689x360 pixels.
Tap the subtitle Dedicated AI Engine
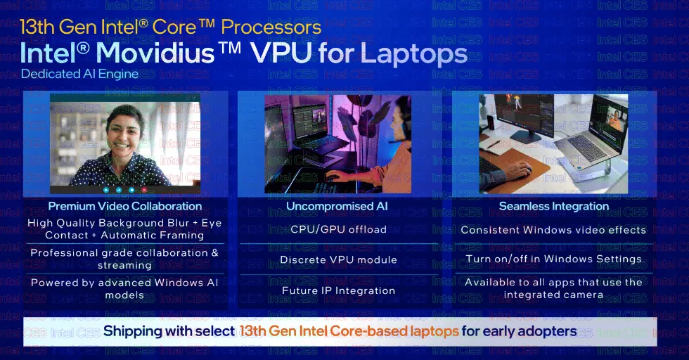[79, 74]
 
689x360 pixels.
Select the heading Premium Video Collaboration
[125, 206]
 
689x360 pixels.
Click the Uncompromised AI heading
[337, 206]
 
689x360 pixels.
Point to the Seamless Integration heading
[553, 206]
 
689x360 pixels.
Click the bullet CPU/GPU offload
[338, 229]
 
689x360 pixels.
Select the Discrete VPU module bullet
[338, 259]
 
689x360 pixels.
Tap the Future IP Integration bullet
[338, 290]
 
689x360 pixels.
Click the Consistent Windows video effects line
[553, 230]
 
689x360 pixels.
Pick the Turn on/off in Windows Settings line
[553, 259]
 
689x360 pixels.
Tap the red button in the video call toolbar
[144, 190]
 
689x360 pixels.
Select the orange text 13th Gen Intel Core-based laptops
[349, 331]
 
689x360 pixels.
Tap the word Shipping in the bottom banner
[133, 331]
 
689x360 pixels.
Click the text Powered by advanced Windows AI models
[125, 288]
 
